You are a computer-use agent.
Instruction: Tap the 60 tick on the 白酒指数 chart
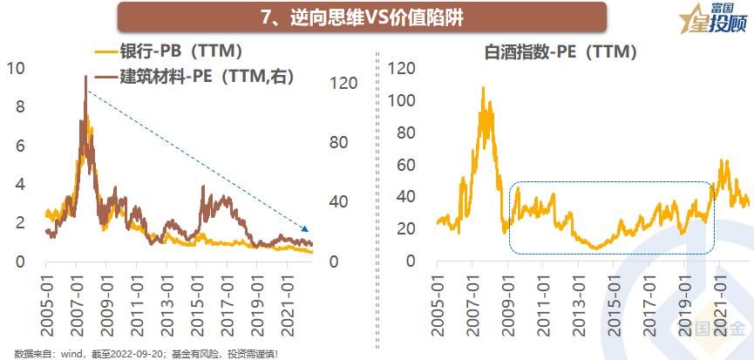click(x=404, y=165)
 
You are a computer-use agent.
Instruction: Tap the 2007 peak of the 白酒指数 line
click(x=483, y=87)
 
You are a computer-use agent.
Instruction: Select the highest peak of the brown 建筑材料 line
click(x=85, y=77)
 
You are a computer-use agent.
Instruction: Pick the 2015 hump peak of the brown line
click(x=203, y=187)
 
